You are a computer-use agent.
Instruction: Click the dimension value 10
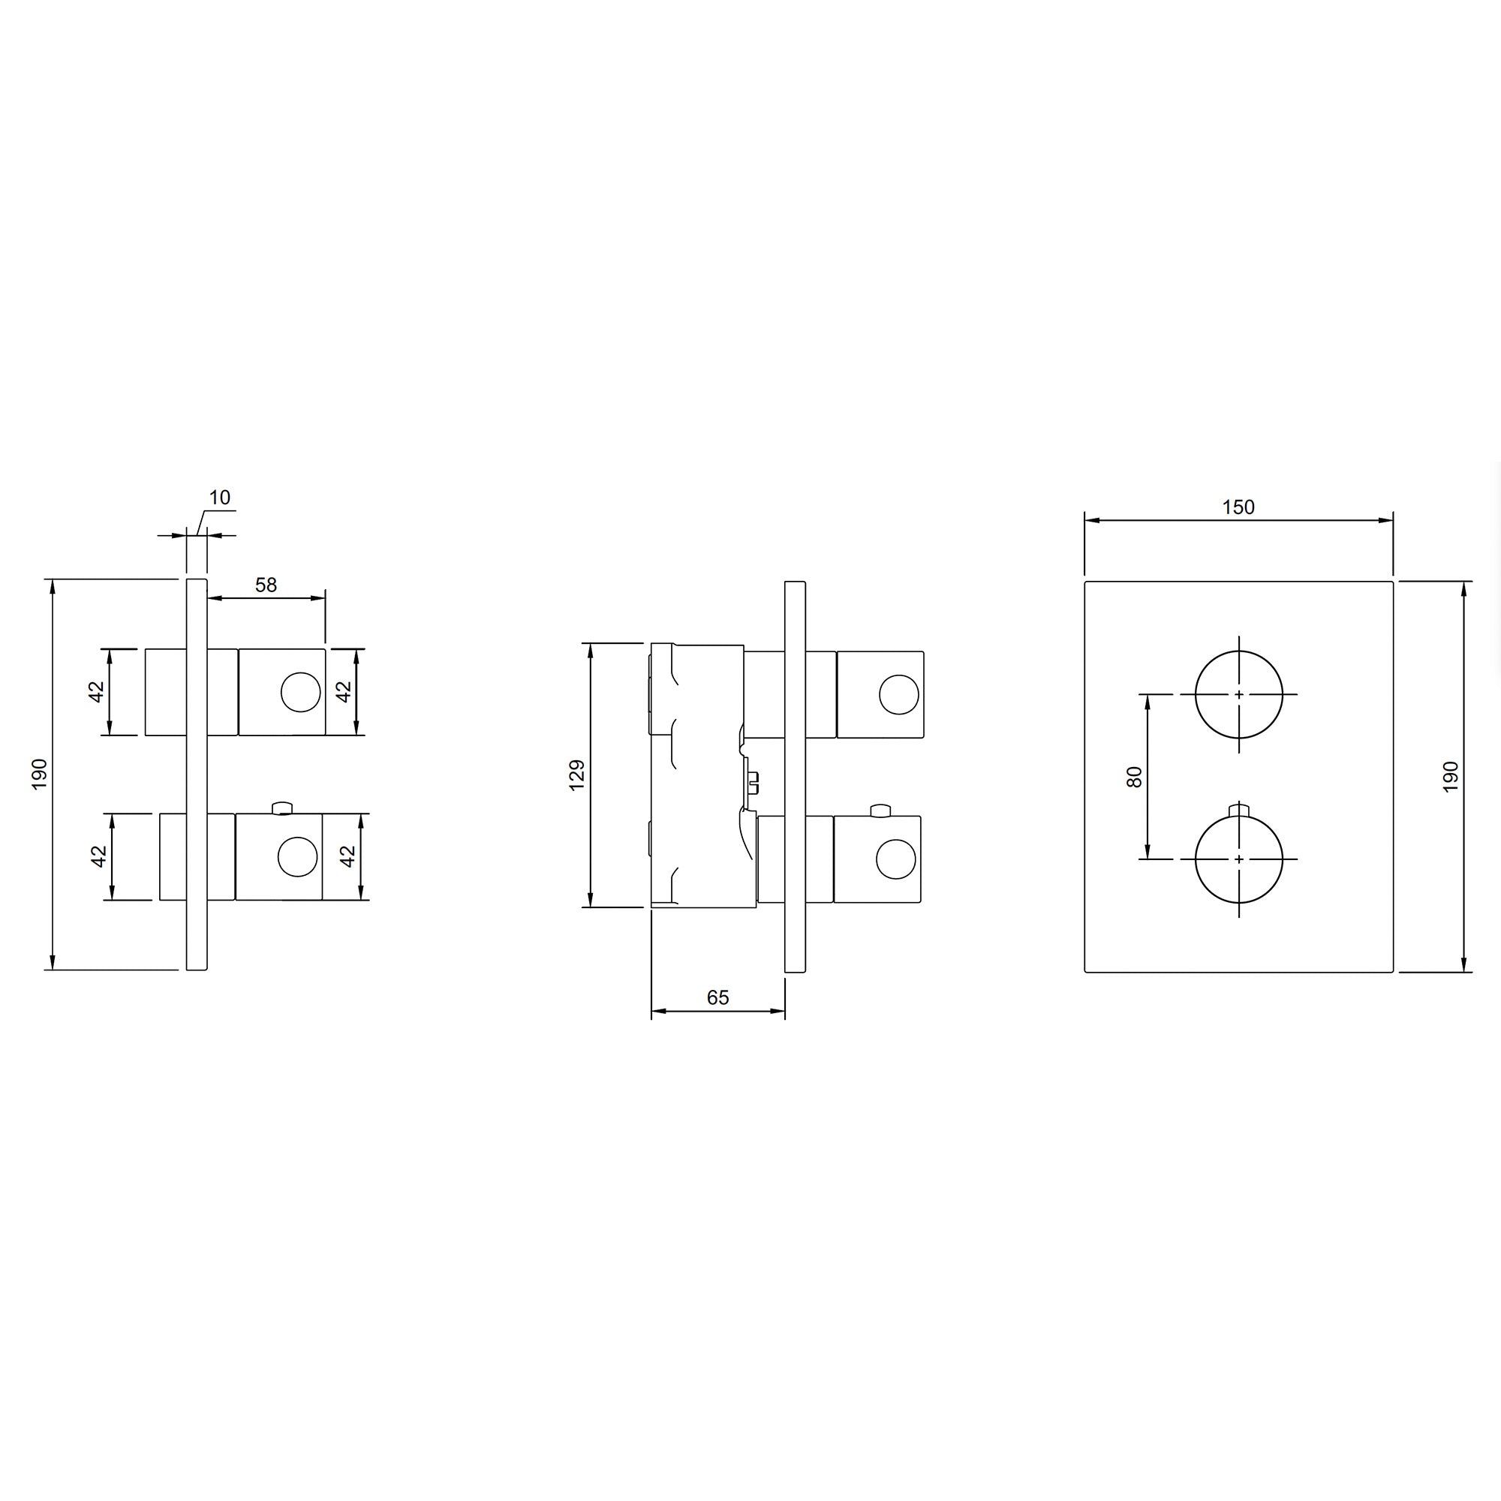[x=220, y=498]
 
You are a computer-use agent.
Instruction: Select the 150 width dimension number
[x=1238, y=507]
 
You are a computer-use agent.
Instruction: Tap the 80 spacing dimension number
[x=1134, y=777]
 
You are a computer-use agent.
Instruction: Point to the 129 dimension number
[x=576, y=775]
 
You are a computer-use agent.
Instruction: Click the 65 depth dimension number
[x=718, y=997]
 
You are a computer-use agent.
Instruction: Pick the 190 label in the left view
[x=40, y=775]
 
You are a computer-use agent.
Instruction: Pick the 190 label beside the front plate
[x=1450, y=777]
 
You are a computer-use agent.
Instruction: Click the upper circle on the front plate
[x=1238, y=693]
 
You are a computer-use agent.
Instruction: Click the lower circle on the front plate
[x=1238, y=859]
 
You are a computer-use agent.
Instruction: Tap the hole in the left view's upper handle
[x=301, y=693]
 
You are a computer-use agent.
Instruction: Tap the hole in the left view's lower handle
[x=297, y=856]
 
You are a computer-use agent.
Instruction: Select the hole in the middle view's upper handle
[x=898, y=694]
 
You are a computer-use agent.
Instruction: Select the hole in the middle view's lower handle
[x=896, y=859]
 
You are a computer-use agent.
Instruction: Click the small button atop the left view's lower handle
[x=282, y=809]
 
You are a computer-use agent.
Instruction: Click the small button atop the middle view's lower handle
[x=880, y=811]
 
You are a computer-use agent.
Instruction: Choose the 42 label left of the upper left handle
[x=96, y=691]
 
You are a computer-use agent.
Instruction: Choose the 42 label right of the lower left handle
[x=348, y=856]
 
